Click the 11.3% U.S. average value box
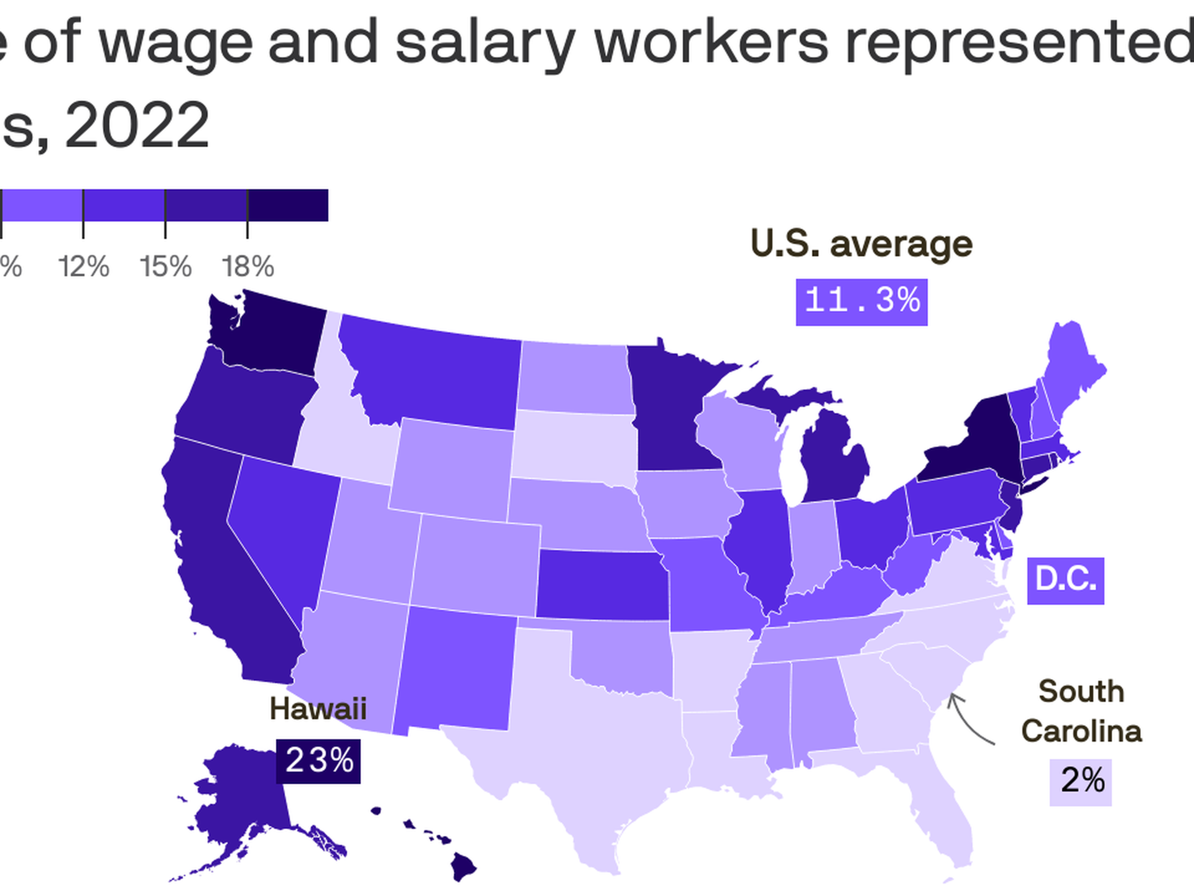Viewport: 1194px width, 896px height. coord(861,302)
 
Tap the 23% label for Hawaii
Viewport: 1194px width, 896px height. coord(318,760)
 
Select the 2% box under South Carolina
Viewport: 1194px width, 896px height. coord(1081,782)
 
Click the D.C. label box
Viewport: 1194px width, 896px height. coord(1065,581)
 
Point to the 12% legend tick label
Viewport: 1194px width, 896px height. coord(83,267)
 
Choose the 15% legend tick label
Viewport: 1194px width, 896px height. coord(165,267)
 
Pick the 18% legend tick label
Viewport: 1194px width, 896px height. coord(248,267)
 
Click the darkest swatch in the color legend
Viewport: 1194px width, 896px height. coord(288,205)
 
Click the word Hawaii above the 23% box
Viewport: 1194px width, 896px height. coord(318,709)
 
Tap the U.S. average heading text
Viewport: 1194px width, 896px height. coord(861,244)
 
